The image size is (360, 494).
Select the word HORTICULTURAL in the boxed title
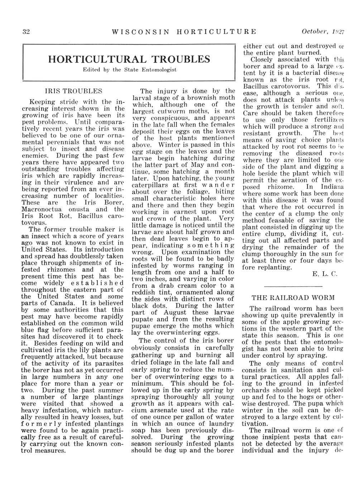(97, 59)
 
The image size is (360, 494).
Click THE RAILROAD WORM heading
(293, 297)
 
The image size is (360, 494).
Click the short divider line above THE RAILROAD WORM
(293, 286)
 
